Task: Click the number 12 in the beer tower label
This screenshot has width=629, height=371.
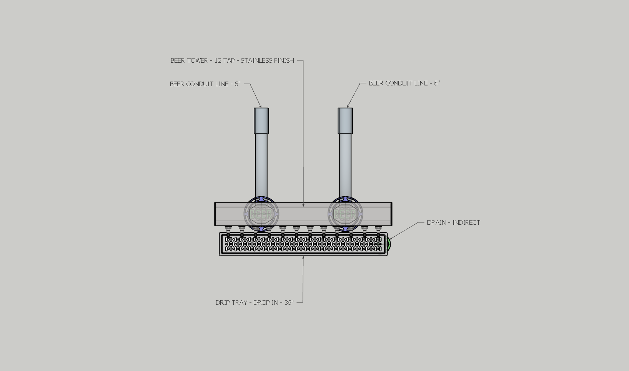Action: (218, 61)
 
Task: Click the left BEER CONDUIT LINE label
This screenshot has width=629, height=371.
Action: (205, 84)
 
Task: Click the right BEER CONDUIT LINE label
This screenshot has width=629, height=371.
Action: (404, 84)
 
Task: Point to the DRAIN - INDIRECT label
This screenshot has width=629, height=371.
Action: (453, 223)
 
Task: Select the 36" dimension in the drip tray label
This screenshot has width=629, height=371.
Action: (287, 302)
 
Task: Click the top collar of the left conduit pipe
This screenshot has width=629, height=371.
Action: (261, 121)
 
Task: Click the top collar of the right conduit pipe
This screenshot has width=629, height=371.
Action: (345, 121)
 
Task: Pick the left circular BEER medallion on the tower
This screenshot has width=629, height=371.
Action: (261, 214)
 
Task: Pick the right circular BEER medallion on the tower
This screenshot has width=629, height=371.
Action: (345, 214)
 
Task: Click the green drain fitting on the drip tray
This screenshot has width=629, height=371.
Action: (389, 244)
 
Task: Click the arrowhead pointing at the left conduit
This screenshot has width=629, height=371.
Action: (260, 107)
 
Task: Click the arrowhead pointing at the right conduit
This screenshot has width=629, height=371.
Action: (348, 107)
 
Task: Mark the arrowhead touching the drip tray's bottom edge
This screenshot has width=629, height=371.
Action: (303, 257)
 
